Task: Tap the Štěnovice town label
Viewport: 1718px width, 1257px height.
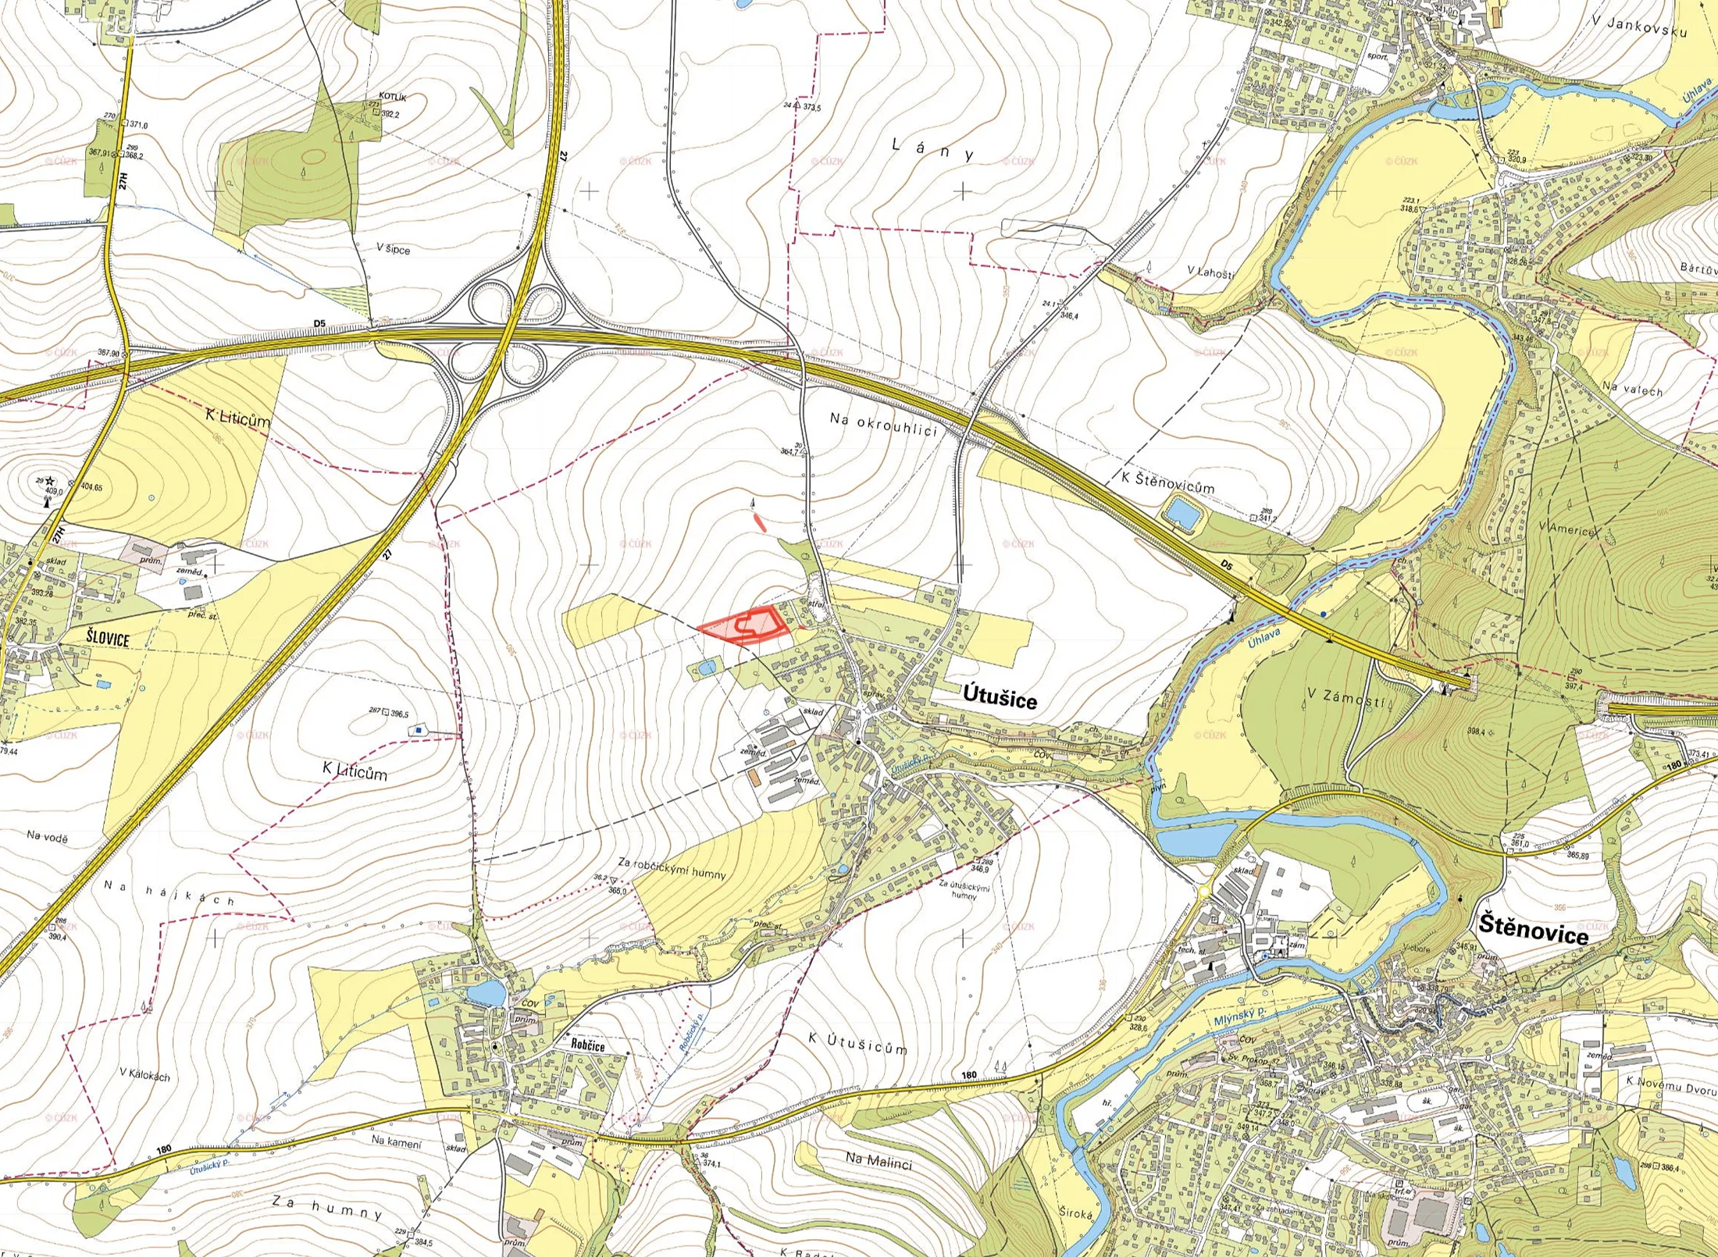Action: click(x=1534, y=931)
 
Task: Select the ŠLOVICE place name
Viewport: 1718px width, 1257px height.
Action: click(x=108, y=638)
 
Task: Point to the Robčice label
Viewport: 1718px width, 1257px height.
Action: click(x=587, y=1045)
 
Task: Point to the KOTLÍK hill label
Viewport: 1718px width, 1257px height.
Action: click(x=393, y=98)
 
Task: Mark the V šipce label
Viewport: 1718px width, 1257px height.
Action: click(x=393, y=248)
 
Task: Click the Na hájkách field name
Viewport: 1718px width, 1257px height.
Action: click(x=169, y=892)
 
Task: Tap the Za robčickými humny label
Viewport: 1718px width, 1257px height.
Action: click(x=672, y=868)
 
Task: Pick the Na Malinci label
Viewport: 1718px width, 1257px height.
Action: click(x=879, y=1161)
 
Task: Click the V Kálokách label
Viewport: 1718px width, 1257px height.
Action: click(x=144, y=1074)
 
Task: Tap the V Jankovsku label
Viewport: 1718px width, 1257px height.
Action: click(x=1648, y=26)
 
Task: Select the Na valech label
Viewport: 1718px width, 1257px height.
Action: click(x=1631, y=388)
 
